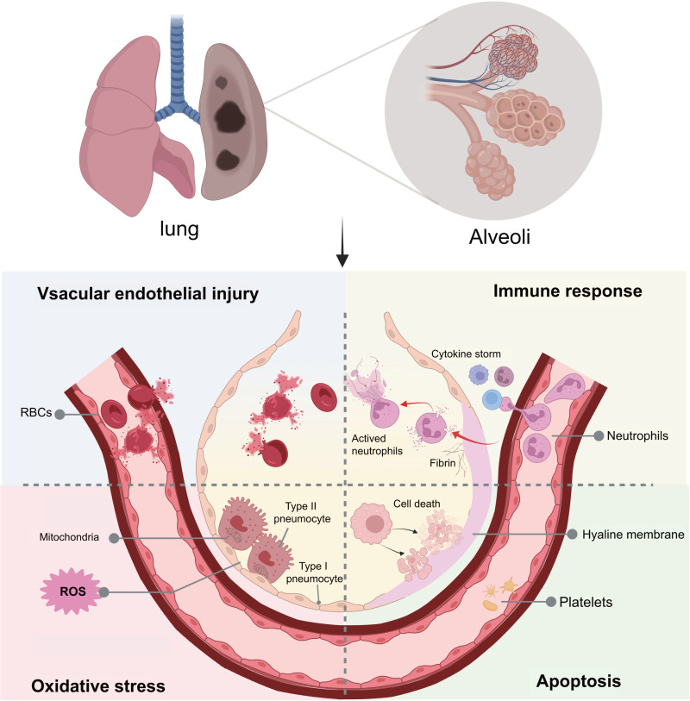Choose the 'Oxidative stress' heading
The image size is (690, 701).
(x=85, y=686)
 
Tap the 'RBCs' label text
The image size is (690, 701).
(x=32, y=414)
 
